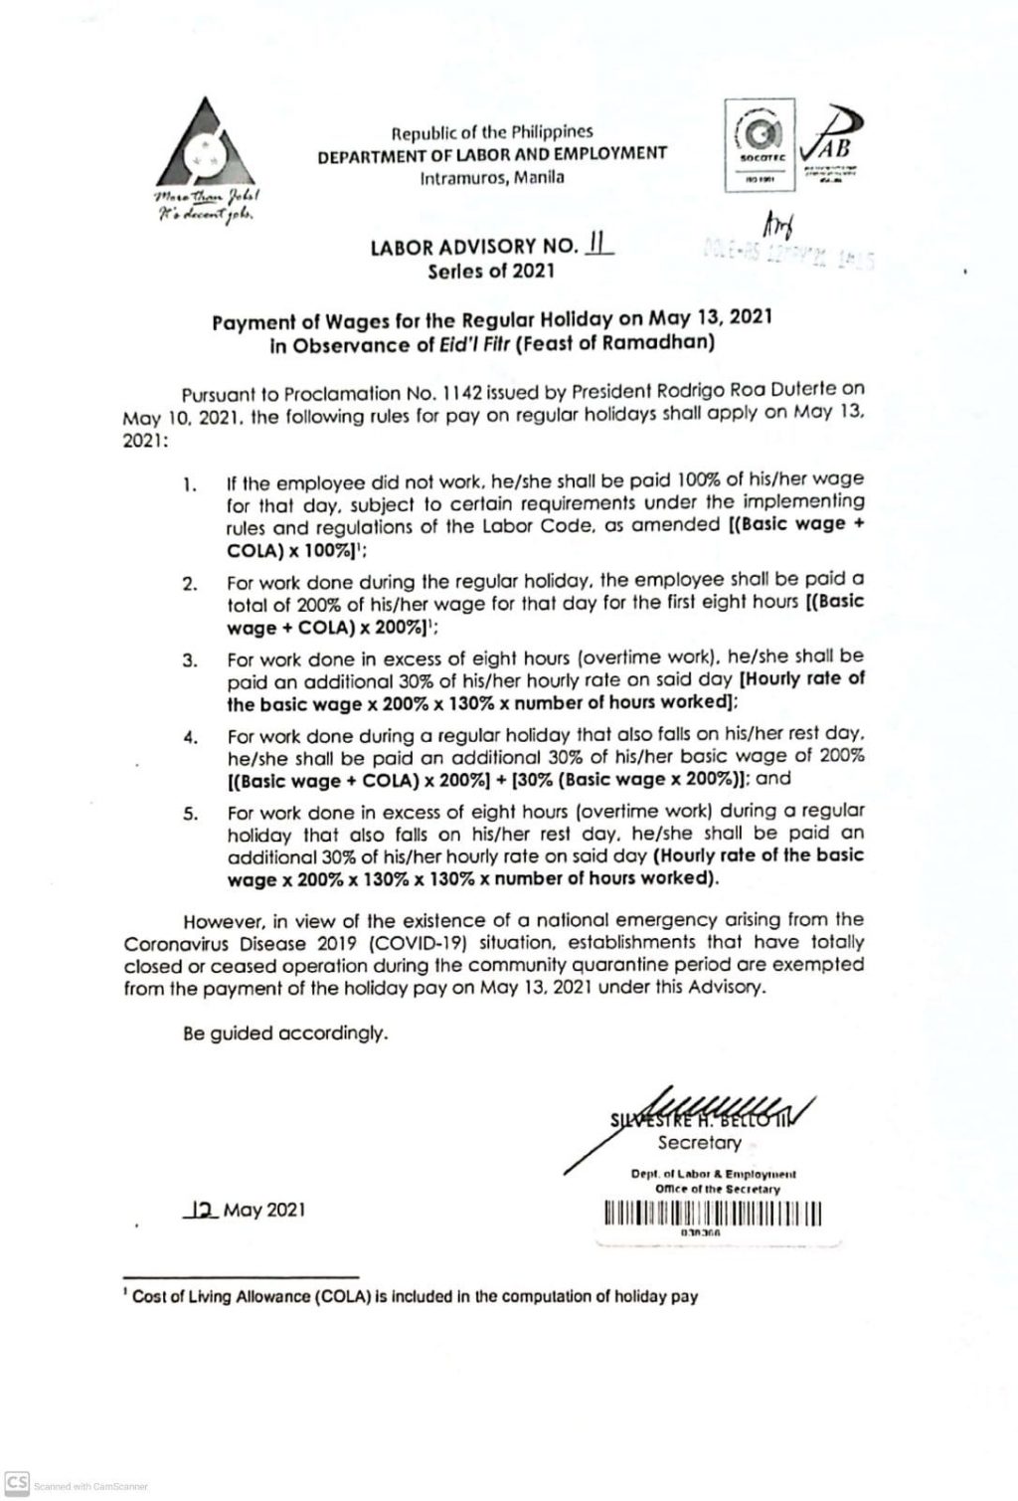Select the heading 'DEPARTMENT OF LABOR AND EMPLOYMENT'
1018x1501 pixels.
point(492,154)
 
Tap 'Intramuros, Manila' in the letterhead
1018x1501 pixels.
point(492,177)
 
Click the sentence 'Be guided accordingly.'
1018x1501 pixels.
point(283,1033)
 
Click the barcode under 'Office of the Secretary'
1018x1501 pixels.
point(712,1215)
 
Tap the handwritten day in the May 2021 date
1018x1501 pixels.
point(202,1210)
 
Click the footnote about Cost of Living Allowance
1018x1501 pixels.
point(410,1297)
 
